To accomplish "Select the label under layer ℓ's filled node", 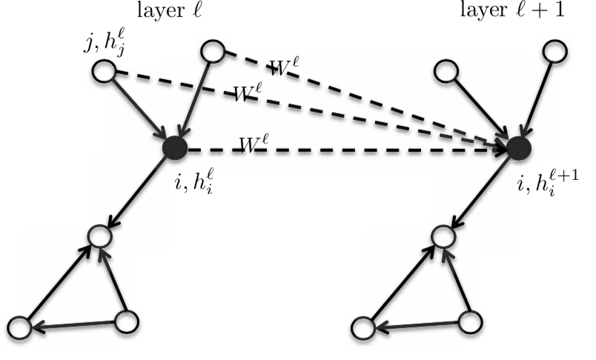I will (x=188, y=175).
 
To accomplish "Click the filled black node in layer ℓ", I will (x=175, y=148).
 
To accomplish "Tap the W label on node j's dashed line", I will (x=250, y=94).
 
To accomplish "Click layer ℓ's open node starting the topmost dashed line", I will (x=213, y=51).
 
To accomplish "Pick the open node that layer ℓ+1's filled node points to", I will (x=442, y=238).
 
